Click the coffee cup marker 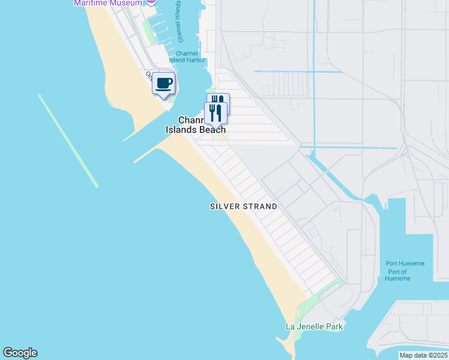tap(163, 83)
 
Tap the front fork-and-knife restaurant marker tap(215, 112)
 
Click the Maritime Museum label tap(108, 3)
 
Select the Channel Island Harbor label tap(187, 56)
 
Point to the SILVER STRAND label tap(244, 206)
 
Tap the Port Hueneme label tap(405, 263)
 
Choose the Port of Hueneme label tap(396, 275)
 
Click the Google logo tap(20, 353)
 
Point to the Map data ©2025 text tap(423, 355)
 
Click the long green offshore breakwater tap(68, 140)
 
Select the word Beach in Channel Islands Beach tap(213, 130)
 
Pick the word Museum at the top tap(125, 3)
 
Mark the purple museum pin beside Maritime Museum tap(151, 2)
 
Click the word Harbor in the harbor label tap(196, 60)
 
